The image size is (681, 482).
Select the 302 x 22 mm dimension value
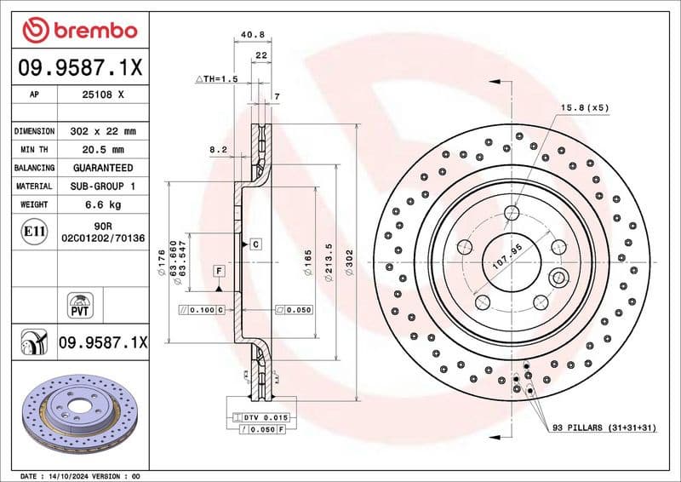pos(101,132)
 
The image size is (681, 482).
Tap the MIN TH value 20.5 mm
pos(101,150)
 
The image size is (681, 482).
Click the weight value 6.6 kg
pos(101,204)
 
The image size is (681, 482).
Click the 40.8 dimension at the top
pos(252,35)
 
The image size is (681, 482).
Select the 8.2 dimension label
pos(218,150)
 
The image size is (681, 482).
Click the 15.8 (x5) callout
pos(585,107)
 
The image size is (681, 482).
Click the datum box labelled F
pos(219,271)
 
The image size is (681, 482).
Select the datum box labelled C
pos(255,244)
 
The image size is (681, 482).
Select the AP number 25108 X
pos(101,95)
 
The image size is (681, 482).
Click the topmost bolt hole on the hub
pos(512,212)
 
